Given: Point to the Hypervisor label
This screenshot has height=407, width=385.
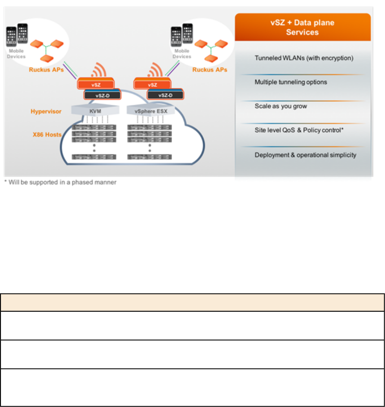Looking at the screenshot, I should pos(46,111).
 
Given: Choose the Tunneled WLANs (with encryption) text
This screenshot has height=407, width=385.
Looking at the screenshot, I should pos(304,58).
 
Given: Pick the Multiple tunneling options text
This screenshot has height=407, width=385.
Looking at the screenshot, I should pos(291,82).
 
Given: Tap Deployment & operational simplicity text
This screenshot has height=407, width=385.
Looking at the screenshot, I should pos(305,155).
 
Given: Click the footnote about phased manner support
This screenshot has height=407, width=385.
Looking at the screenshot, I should pos(60,182).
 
